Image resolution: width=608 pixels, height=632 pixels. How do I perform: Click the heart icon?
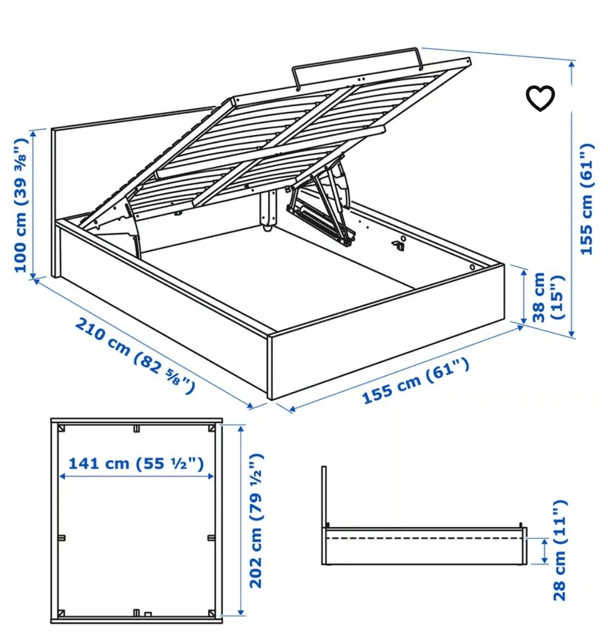tap(540, 99)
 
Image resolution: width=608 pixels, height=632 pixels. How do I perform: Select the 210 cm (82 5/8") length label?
tap(135, 354)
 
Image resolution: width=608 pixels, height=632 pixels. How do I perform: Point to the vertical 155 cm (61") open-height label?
tap(587, 198)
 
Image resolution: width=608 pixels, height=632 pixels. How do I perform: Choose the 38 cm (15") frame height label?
tap(547, 297)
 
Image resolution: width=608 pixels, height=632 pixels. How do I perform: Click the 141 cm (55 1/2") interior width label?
tap(136, 464)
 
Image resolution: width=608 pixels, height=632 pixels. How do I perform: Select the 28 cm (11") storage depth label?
tap(558, 550)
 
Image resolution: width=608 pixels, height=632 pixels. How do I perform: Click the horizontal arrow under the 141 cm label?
tap(136, 477)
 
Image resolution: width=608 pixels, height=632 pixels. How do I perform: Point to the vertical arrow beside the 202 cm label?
tap(241, 520)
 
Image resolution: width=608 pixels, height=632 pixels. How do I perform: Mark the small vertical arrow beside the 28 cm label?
tap(544, 550)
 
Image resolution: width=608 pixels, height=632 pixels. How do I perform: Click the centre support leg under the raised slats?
tap(267, 211)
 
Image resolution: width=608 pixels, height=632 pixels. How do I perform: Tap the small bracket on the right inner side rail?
tap(399, 244)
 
